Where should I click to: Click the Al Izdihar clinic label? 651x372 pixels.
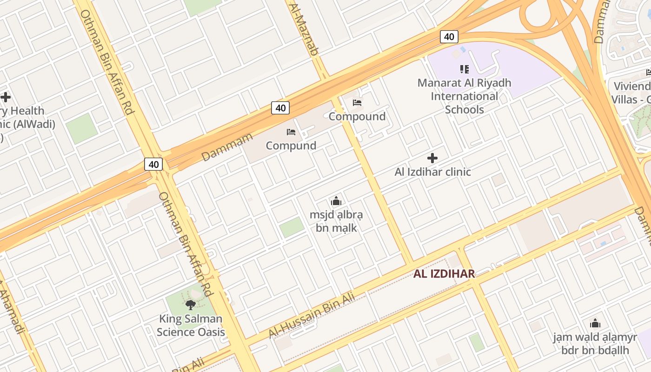tap(432, 172)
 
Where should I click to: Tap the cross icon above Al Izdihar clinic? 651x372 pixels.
tap(432, 158)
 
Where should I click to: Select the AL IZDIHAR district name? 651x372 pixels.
tap(444, 273)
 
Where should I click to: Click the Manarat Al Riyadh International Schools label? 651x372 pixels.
tap(464, 96)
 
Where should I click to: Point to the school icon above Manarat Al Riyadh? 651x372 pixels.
tap(464, 69)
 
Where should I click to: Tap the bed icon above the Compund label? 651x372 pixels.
tap(291, 132)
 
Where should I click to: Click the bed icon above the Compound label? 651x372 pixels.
tap(357, 103)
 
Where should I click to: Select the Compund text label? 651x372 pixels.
tap(291, 146)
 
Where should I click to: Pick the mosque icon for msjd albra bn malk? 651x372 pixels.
tap(336, 201)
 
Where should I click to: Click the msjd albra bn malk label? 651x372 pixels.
tap(336, 221)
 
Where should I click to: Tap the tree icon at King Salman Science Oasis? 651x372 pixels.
tap(190, 305)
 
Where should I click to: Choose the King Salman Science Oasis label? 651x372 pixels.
tap(191, 325)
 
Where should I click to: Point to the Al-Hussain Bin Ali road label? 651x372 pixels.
tap(312, 315)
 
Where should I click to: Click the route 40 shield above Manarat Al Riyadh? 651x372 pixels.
tap(449, 37)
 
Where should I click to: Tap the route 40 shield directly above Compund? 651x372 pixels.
tap(280, 108)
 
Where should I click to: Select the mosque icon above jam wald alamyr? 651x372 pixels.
tap(595, 324)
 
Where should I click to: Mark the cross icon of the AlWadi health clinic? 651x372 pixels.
tap(6, 97)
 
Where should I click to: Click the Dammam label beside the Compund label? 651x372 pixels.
tap(227, 147)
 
